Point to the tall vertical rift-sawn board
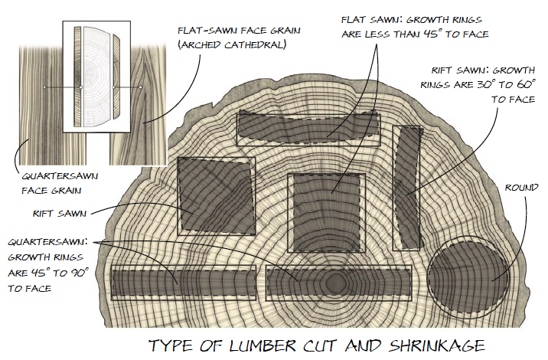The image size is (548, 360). click(x=407, y=187)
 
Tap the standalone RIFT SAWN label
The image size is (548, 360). click(x=47, y=212)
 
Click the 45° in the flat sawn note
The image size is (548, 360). click(x=453, y=34)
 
